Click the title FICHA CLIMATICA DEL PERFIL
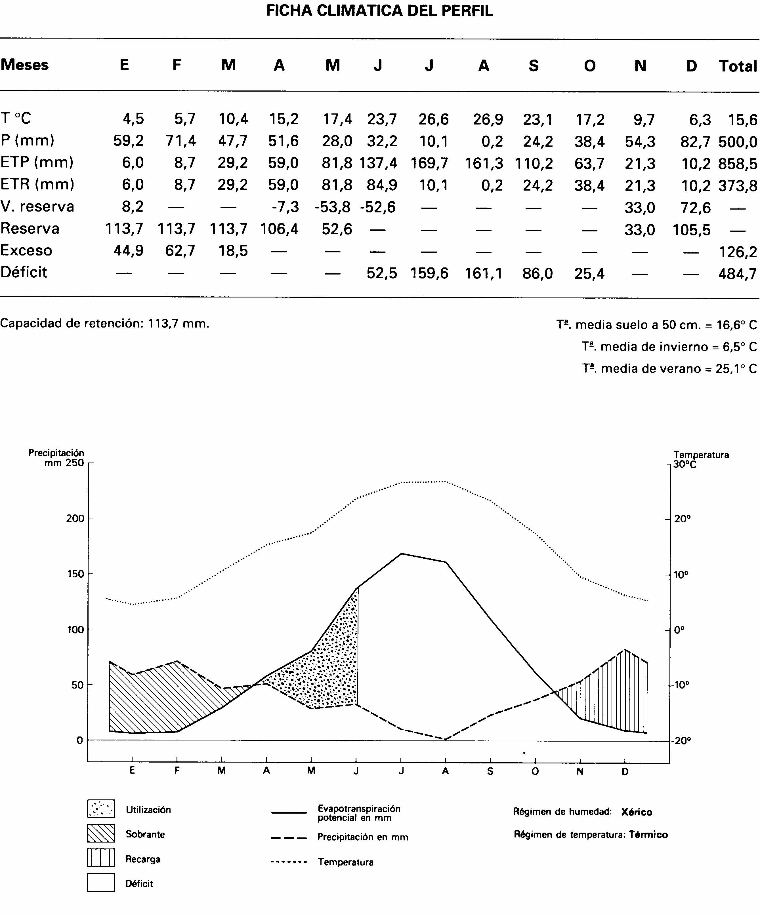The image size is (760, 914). coord(379,10)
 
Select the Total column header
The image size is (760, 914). coord(738,66)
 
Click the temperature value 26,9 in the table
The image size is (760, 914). coord(488,119)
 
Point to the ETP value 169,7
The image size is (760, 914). coord(429,164)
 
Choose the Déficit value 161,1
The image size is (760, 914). coord(483,273)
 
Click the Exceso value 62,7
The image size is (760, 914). coord(180,251)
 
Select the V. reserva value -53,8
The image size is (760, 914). coord(333,207)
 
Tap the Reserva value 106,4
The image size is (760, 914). coord(279,229)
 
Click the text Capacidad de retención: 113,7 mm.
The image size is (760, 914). coord(104,323)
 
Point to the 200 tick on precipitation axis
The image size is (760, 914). coord(75,518)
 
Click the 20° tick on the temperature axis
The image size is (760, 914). coord(682,519)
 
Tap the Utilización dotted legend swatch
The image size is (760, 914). coord(101,809)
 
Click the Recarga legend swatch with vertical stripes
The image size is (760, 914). coord(101,858)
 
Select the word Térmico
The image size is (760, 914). coord(648,835)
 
